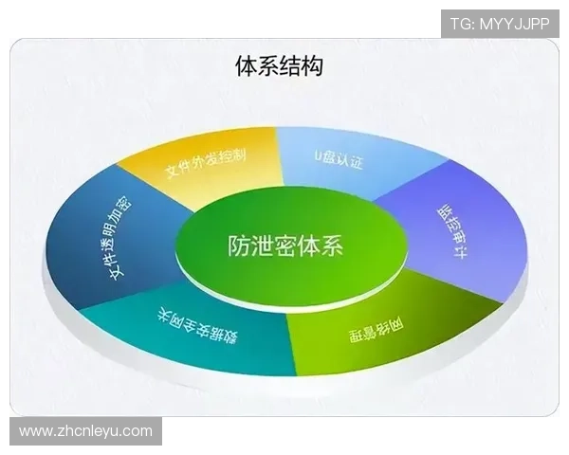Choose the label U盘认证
click(x=339, y=157)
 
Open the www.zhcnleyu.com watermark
click(x=85, y=431)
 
